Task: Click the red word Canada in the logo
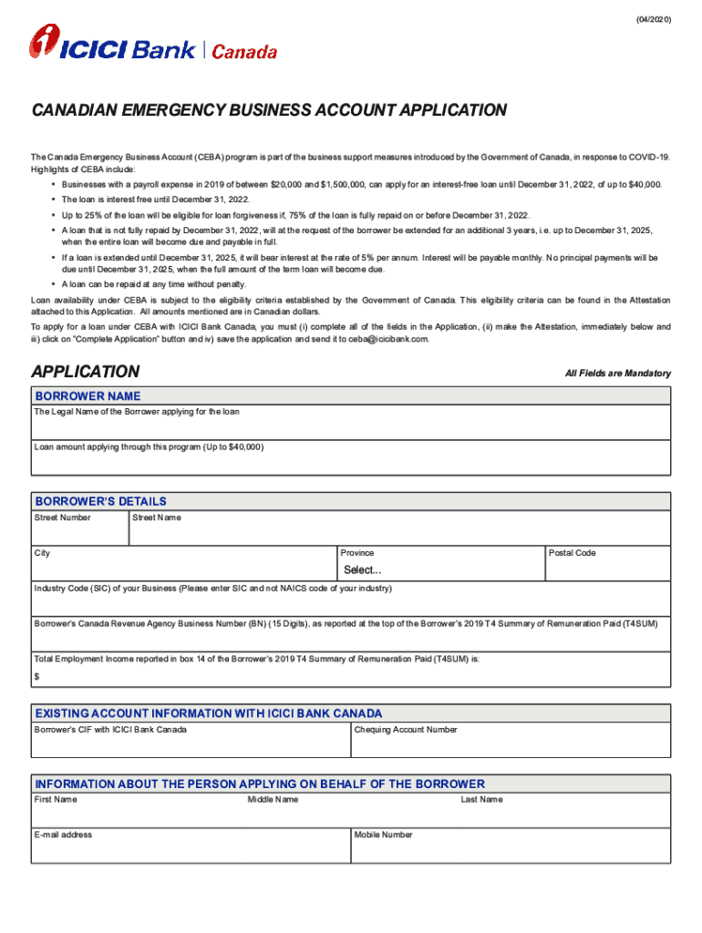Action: click(244, 52)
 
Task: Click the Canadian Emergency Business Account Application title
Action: click(269, 110)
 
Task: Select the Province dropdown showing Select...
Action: click(362, 570)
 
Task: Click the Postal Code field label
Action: click(572, 553)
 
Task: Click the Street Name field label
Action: click(157, 518)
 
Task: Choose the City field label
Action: click(43, 553)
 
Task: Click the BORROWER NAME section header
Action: click(88, 396)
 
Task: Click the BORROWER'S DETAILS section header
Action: click(100, 501)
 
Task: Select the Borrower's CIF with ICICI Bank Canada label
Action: click(110, 730)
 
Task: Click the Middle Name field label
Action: click(273, 800)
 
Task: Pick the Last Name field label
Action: click(481, 800)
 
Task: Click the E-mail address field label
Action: click(63, 835)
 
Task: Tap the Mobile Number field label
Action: click(383, 835)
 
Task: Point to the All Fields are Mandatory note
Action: click(617, 374)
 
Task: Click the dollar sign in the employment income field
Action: click(37, 676)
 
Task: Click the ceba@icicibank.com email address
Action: click(387, 339)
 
